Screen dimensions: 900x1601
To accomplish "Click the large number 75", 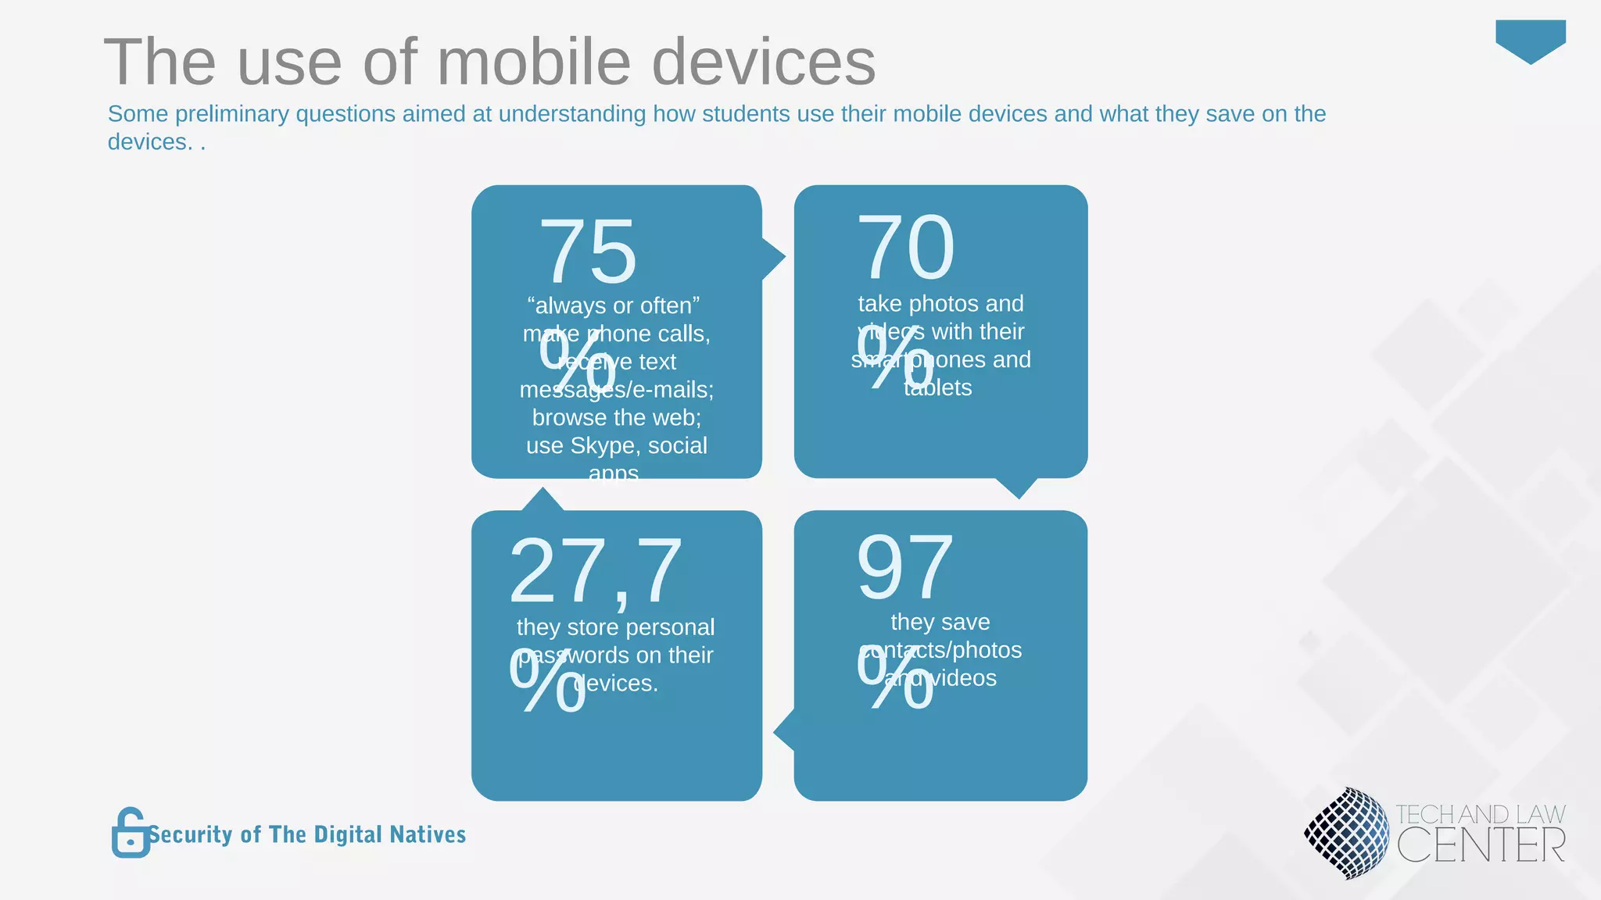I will coord(588,252).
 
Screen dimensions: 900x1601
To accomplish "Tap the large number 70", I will coord(905,248).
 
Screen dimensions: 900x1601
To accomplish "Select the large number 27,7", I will coord(596,572).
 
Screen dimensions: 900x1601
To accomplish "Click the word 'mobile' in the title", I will coord(534,62).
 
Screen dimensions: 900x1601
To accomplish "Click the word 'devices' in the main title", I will coord(763,62).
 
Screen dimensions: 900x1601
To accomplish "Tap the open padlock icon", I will coord(130,833).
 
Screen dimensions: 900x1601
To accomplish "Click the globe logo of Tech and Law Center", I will coord(1346,833).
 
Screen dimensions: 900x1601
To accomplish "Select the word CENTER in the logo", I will coord(1481,846).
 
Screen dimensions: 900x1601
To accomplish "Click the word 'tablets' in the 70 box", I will coord(937,387).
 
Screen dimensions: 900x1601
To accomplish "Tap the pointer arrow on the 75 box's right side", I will coord(772,258).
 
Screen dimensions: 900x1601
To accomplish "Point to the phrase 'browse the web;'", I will coord(616,417).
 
